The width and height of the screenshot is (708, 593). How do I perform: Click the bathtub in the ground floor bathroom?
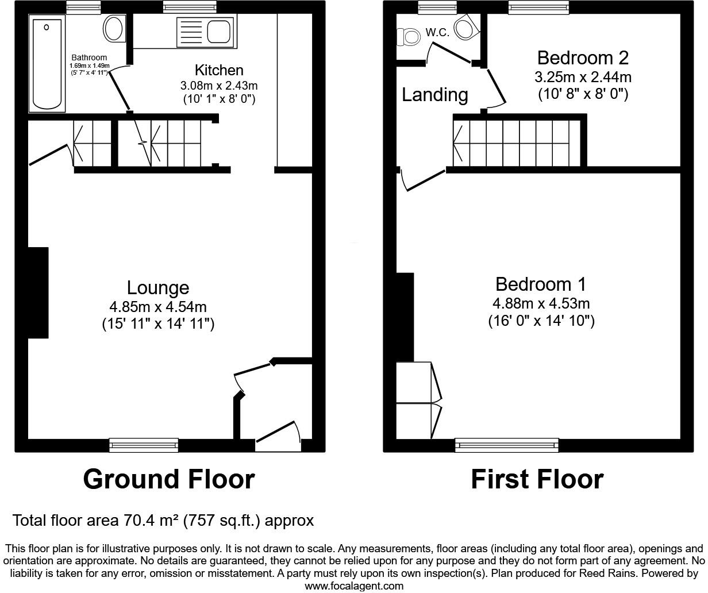tap(48, 63)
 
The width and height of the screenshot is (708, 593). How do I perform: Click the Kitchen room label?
tap(219, 71)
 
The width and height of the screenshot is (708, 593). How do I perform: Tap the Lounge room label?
tap(158, 287)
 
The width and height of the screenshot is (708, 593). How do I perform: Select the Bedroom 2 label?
tap(583, 57)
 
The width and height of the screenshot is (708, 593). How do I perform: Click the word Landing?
tap(434, 94)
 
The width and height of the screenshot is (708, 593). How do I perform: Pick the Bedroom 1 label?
tap(540, 284)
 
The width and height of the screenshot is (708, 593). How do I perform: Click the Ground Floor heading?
tap(169, 479)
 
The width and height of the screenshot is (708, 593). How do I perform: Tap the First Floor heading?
tap(537, 479)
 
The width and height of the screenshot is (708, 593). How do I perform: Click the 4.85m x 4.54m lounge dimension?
tap(158, 307)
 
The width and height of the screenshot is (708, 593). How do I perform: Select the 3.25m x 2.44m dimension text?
tap(583, 77)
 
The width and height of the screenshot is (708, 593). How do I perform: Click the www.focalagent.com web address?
tap(354, 586)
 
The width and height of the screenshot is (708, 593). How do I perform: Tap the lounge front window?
tap(144, 445)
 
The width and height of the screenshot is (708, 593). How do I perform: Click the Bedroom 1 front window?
tap(506, 444)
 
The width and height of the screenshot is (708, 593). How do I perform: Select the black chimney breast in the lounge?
tap(38, 292)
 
